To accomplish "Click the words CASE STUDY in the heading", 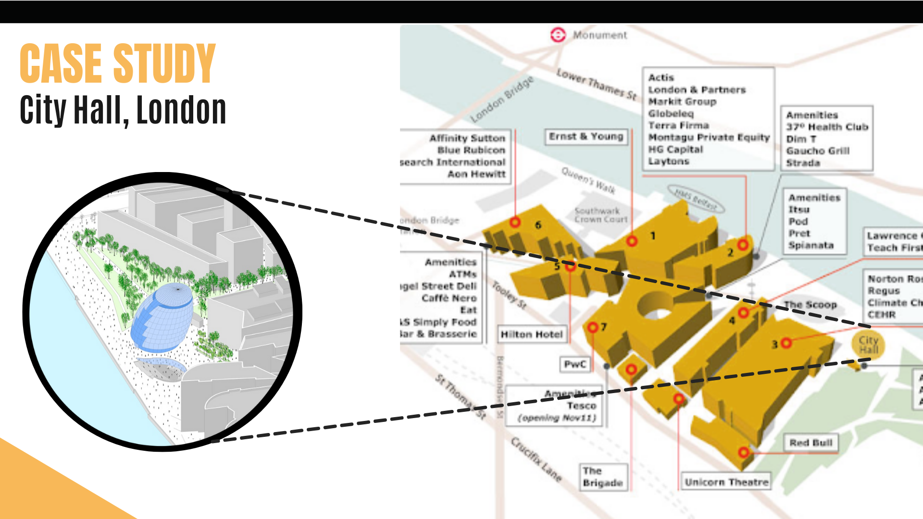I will point(118,63).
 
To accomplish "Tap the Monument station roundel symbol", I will point(558,35).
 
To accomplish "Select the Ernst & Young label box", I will point(586,136).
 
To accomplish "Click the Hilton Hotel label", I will point(531,334).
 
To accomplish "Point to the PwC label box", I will point(575,364).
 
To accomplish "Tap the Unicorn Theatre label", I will point(726,482).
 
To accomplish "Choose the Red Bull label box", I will point(811,443).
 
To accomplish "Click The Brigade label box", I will point(602,477).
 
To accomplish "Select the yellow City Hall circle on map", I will point(868,345).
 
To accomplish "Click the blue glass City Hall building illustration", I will point(162,317).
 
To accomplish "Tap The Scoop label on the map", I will point(810,305).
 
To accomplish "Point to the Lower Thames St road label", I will point(596,85).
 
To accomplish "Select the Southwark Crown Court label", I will point(601,215).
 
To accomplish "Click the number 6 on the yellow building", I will point(538,225).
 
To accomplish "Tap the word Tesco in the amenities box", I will point(581,406).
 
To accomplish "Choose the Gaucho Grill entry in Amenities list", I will point(818,151).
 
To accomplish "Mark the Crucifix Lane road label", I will point(536,458).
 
